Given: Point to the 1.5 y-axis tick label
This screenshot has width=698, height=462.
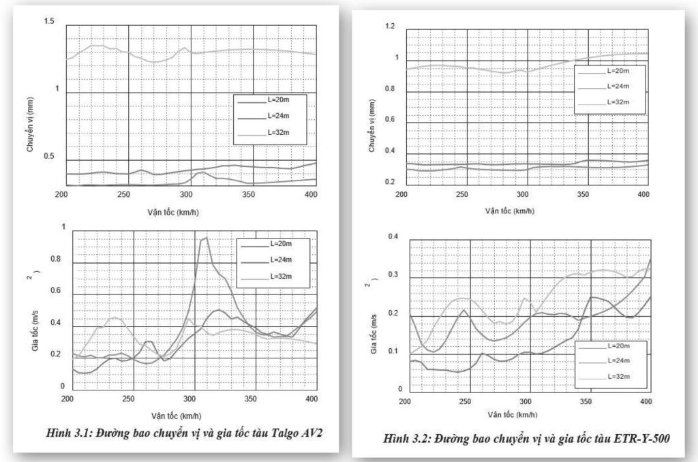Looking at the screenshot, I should point(48,22).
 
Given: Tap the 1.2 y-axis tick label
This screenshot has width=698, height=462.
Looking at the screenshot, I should point(390,26).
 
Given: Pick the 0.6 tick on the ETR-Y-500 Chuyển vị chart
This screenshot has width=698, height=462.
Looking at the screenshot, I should point(390,122).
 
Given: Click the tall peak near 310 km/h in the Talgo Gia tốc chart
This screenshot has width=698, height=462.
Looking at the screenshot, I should point(204,238).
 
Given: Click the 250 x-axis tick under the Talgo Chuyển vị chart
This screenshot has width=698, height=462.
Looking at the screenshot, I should point(123,194).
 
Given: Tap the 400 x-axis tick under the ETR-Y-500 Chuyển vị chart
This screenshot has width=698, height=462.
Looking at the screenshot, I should point(643,194).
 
